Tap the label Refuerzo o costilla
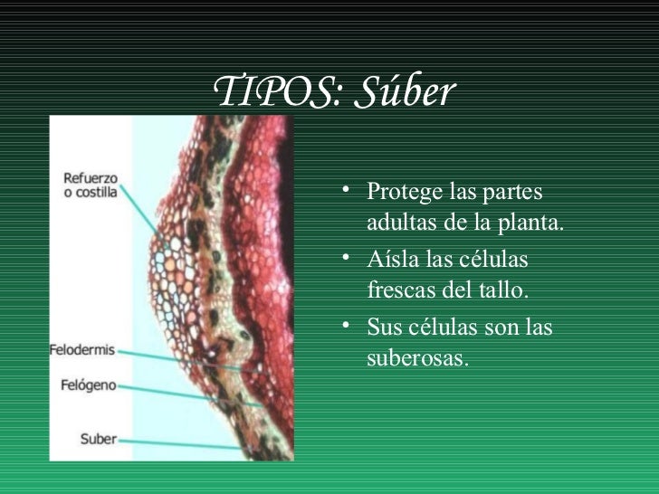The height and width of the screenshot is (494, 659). (x=91, y=185)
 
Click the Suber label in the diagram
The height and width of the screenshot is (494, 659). (x=99, y=439)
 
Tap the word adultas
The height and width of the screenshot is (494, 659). (x=402, y=223)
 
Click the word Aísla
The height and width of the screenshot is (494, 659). (x=392, y=261)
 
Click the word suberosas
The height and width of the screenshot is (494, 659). (x=418, y=359)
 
